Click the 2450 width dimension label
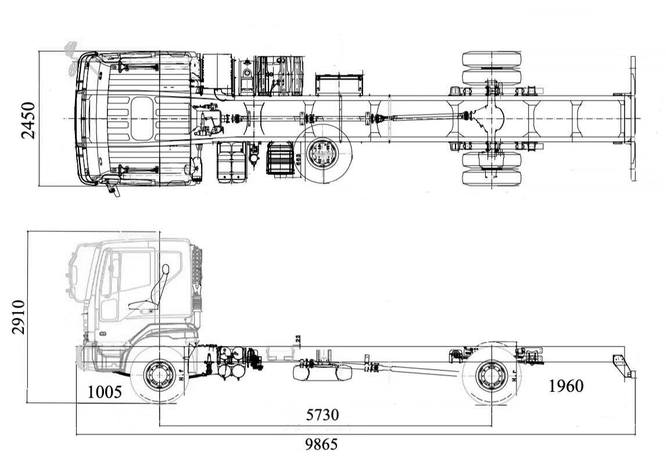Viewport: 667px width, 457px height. (x=28, y=120)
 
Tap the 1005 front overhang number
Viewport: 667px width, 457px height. (x=105, y=392)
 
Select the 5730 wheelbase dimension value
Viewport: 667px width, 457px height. (x=322, y=415)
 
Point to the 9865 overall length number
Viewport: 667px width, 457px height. (x=321, y=445)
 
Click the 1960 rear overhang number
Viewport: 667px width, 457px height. (x=566, y=385)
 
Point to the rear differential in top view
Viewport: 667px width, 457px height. (x=492, y=118)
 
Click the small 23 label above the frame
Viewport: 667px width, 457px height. (x=297, y=338)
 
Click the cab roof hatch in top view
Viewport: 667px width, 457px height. (x=142, y=118)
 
